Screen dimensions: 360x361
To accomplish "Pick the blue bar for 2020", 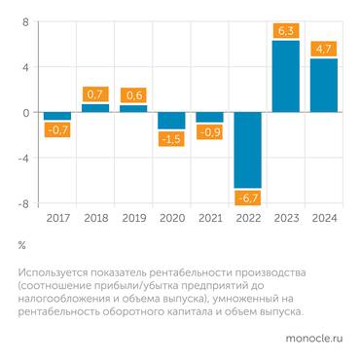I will pyautogui.click(x=171, y=120).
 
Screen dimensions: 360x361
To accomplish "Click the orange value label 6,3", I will pyautogui.click(x=285, y=31).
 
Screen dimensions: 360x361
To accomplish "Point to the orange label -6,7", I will pyautogui.click(x=247, y=198).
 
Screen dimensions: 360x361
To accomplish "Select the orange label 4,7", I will pyautogui.click(x=323, y=49).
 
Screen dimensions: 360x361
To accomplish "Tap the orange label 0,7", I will pyautogui.click(x=95, y=94).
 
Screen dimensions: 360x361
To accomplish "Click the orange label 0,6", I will pyautogui.click(x=133, y=95).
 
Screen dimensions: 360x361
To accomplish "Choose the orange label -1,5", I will pyautogui.click(x=171, y=139).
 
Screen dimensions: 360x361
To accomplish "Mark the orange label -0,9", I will pyautogui.click(x=209, y=132).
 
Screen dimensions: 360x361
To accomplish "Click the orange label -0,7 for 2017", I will pyautogui.click(x=57, y=130).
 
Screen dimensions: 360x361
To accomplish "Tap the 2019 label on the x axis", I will pyautogui.click(x=133, y=219).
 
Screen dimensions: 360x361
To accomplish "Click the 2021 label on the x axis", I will pyautogui.click(x=209, y=219).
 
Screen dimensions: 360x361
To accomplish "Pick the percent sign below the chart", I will pyautogui.click(x=21, y=244).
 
